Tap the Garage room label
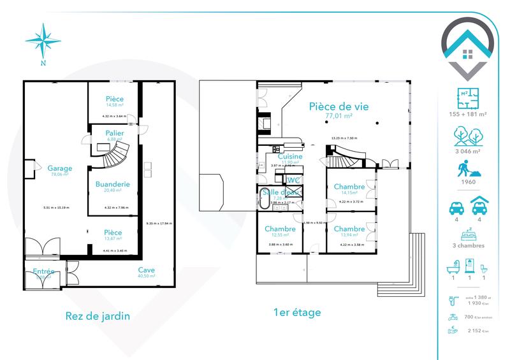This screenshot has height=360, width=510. click(59, 168)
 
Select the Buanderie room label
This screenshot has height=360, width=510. click(113, 184)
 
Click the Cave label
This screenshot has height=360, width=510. click(147, 270)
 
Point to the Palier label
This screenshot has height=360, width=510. click(115, 133)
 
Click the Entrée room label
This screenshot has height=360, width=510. click(44, 272)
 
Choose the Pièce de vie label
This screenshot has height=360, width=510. click(340, 106)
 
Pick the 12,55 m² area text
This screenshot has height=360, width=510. click(281, 236)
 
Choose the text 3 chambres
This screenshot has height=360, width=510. click(468, 245)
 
